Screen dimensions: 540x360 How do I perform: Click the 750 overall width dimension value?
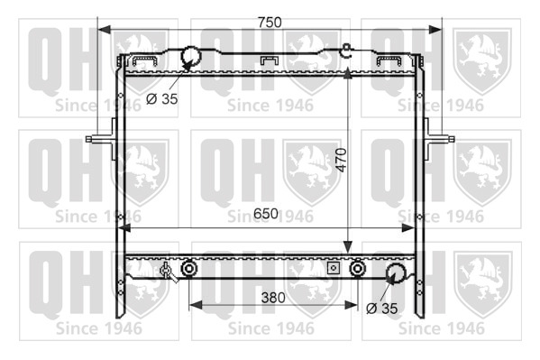[x=270, y=22]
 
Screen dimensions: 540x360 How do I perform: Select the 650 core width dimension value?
[x=266, y=214]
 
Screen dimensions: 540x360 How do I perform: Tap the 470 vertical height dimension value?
[x=342, y=160]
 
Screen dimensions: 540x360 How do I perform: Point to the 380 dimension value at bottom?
[x=273, y=298]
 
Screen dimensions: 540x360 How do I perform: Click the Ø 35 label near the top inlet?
[x=162, y=99]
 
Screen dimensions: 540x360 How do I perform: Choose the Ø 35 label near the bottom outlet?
[x=382, y=309]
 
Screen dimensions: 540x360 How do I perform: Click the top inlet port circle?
[x=190, y=55]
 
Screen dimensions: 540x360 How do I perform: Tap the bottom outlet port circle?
[x=396, y=272]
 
